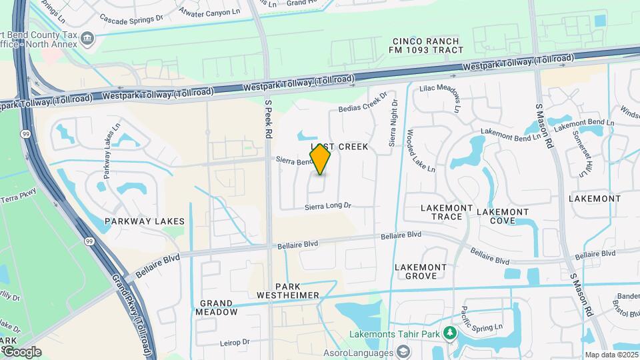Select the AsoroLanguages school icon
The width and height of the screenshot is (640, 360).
(403, 351)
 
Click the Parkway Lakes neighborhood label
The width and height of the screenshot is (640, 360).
(145, 221)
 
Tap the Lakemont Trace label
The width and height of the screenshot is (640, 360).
(441, 212)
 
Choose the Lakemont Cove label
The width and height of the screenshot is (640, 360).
(502, 216)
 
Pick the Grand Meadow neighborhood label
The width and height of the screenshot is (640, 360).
(217, 307)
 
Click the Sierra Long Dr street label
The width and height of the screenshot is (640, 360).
(327, 207)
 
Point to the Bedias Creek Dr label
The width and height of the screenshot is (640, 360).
(363, 103)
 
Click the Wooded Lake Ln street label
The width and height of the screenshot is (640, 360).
(421, 151)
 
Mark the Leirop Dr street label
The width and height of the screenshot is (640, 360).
(235, 343)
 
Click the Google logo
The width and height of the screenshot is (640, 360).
(21, 351)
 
